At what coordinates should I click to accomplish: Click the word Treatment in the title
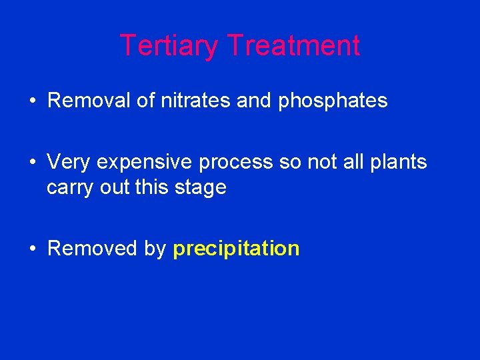(x=293, y=46)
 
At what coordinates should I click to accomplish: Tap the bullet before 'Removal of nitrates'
(x=33, y=101)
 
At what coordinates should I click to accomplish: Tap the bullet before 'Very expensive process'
(x=33, y=162)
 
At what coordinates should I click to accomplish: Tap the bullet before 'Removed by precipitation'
(x=33, y=249)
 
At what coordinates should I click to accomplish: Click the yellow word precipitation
(x=236, y=249)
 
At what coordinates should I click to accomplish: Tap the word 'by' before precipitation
(x=155, y=249)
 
